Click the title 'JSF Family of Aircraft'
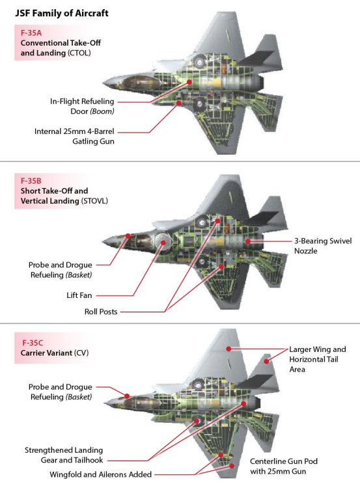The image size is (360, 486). point(62,13)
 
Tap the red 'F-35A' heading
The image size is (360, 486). point(31,33)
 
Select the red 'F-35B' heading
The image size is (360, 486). point(31,181)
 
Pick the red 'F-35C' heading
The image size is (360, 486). point(33,343)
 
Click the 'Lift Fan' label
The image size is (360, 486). point(79,295)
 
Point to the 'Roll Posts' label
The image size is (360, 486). point(101,312)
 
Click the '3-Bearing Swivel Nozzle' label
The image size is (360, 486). point(323,246)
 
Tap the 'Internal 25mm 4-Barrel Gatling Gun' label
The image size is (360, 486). point(74,137)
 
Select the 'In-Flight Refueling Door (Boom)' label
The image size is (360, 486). point(82,106)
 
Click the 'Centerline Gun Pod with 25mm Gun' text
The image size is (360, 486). point(284,466)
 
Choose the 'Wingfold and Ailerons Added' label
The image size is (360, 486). point(100,474)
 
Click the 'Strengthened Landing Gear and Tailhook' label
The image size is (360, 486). point(64,455)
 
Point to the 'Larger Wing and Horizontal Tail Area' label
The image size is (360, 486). point(318,359)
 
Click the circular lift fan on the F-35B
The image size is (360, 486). point(163,242)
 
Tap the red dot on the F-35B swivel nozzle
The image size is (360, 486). point(248,241)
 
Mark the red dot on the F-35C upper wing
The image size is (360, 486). point(228,349)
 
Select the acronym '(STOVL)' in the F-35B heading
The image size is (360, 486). point(94,201)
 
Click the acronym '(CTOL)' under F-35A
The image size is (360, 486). point(79,53)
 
